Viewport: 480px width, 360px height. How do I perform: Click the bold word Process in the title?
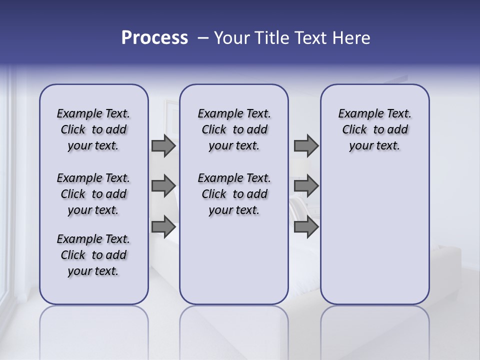(x=154, y=38)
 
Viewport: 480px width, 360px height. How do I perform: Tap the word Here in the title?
(x=351, y=38)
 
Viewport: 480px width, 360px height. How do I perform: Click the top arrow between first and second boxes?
(x=163, y=145)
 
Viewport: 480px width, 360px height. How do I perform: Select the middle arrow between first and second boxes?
(x=163, y=186)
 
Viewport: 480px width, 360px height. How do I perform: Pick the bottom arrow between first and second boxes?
(x=163, y=227)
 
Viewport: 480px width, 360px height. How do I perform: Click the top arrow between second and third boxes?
(x=306, y=145)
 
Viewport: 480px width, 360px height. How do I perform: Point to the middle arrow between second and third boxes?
(x=306, y=186)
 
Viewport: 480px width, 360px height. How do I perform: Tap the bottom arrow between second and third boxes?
(x=306, y=227)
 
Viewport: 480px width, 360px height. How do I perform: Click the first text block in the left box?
(x=93, y=129)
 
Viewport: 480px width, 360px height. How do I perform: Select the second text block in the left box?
(x=93, y=194)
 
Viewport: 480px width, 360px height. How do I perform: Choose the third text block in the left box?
(x=93, y=255)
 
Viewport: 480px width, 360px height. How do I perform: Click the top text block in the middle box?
(x=234, y=129)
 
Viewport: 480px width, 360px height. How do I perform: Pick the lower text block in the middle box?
(x=234, y=194)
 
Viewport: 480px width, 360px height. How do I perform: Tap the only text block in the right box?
(x=374, y=129)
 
